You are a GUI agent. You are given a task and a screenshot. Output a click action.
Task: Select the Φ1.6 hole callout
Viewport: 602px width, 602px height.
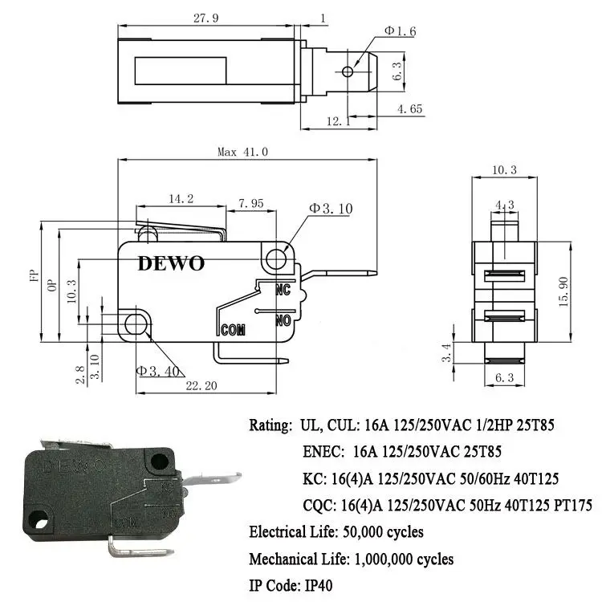tap(399, 31)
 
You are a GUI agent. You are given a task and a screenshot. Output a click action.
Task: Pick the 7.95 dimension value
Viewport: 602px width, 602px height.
tap(250, 203)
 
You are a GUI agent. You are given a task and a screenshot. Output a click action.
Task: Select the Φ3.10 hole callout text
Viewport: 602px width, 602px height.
tap(331, 209)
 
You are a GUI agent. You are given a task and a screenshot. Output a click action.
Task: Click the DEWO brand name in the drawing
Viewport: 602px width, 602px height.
tap(171, 263)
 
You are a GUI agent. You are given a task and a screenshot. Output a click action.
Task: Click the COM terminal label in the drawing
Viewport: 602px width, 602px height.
tap(232, 329)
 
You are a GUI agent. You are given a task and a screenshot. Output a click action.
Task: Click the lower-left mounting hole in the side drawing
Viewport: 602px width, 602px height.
tap(136, 323)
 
